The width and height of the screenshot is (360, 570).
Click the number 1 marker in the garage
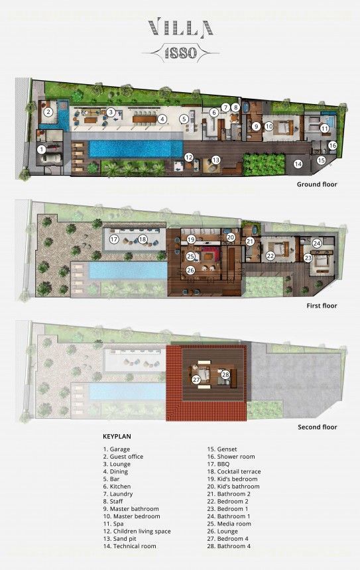click(x=42, y=149)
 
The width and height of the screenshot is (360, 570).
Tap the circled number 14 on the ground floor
click(x=298, y=164)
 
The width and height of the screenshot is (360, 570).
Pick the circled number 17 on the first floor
click(x=114, y=239)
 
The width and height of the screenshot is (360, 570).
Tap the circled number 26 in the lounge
click(x=190, y=270)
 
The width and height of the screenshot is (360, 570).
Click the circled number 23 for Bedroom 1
click(x=308, y=258)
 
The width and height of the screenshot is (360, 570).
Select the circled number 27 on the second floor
click(x=196, y=380)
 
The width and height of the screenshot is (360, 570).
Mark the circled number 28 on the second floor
click(x=225, y=374)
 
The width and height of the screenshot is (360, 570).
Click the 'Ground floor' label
click(x=317, y=184)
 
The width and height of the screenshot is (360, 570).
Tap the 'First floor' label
click(x=322, y=306)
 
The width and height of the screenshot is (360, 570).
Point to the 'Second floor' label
click(x=318, y=427)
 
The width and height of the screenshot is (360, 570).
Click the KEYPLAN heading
click(x=117, y=437)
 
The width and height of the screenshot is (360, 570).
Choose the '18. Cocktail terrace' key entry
click(x=234, y=471)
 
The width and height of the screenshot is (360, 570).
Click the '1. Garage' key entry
click(x=117, y=449)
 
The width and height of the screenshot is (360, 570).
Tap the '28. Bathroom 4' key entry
click(x=229, y=546)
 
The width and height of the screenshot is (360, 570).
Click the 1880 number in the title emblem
click(x=181, y=53)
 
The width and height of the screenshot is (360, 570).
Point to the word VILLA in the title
click(x=180, y=28)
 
